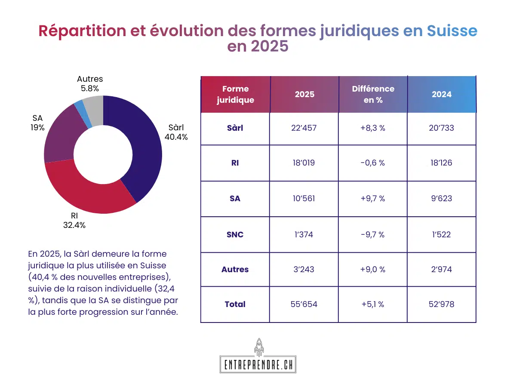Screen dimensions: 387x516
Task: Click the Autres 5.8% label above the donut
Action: pos(90,84)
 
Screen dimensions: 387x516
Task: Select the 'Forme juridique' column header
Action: pos(235,95)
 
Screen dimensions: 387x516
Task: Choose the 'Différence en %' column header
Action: pos(373,95)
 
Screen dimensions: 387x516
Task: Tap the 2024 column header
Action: pos(442,95)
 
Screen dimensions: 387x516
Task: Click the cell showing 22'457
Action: pos(304,128)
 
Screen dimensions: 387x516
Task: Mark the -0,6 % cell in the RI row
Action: pos(373,163)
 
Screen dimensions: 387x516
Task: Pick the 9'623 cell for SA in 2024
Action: pos(442,199)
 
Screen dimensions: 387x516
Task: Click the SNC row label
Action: pos(235,234)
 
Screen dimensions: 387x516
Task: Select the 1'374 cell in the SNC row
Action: pos(304,234)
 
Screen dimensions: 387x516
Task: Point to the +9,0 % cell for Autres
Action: pos(373,270)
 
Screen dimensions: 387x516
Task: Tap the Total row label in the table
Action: pos(235,304)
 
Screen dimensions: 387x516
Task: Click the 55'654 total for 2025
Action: pos(304,304)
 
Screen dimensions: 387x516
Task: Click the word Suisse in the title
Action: pos(452,31)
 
